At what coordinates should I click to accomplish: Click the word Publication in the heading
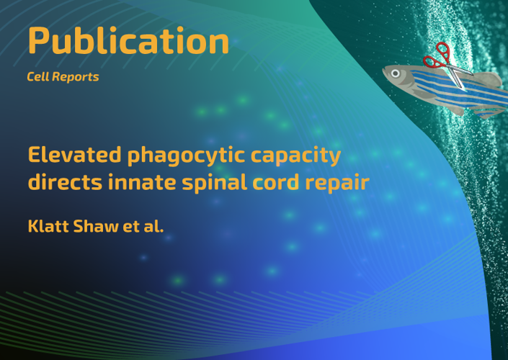(128, 40)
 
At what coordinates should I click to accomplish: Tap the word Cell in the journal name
(38, 77)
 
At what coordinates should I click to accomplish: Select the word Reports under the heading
(76, 77)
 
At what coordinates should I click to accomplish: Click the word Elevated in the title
(75, 154)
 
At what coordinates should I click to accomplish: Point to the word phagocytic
(187, 156)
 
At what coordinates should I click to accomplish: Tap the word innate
(142, 181)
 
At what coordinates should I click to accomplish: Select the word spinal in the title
(214, 182)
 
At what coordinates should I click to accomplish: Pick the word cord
(276, 181)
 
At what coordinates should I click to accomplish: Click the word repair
(337, 183)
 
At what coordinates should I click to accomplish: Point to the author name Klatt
(48, 225)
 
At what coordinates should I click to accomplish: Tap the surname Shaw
(96, 225)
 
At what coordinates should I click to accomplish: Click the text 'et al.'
(143, 225)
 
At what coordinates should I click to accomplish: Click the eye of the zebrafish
(396, 73)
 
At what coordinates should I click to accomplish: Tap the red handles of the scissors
(437, 56)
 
